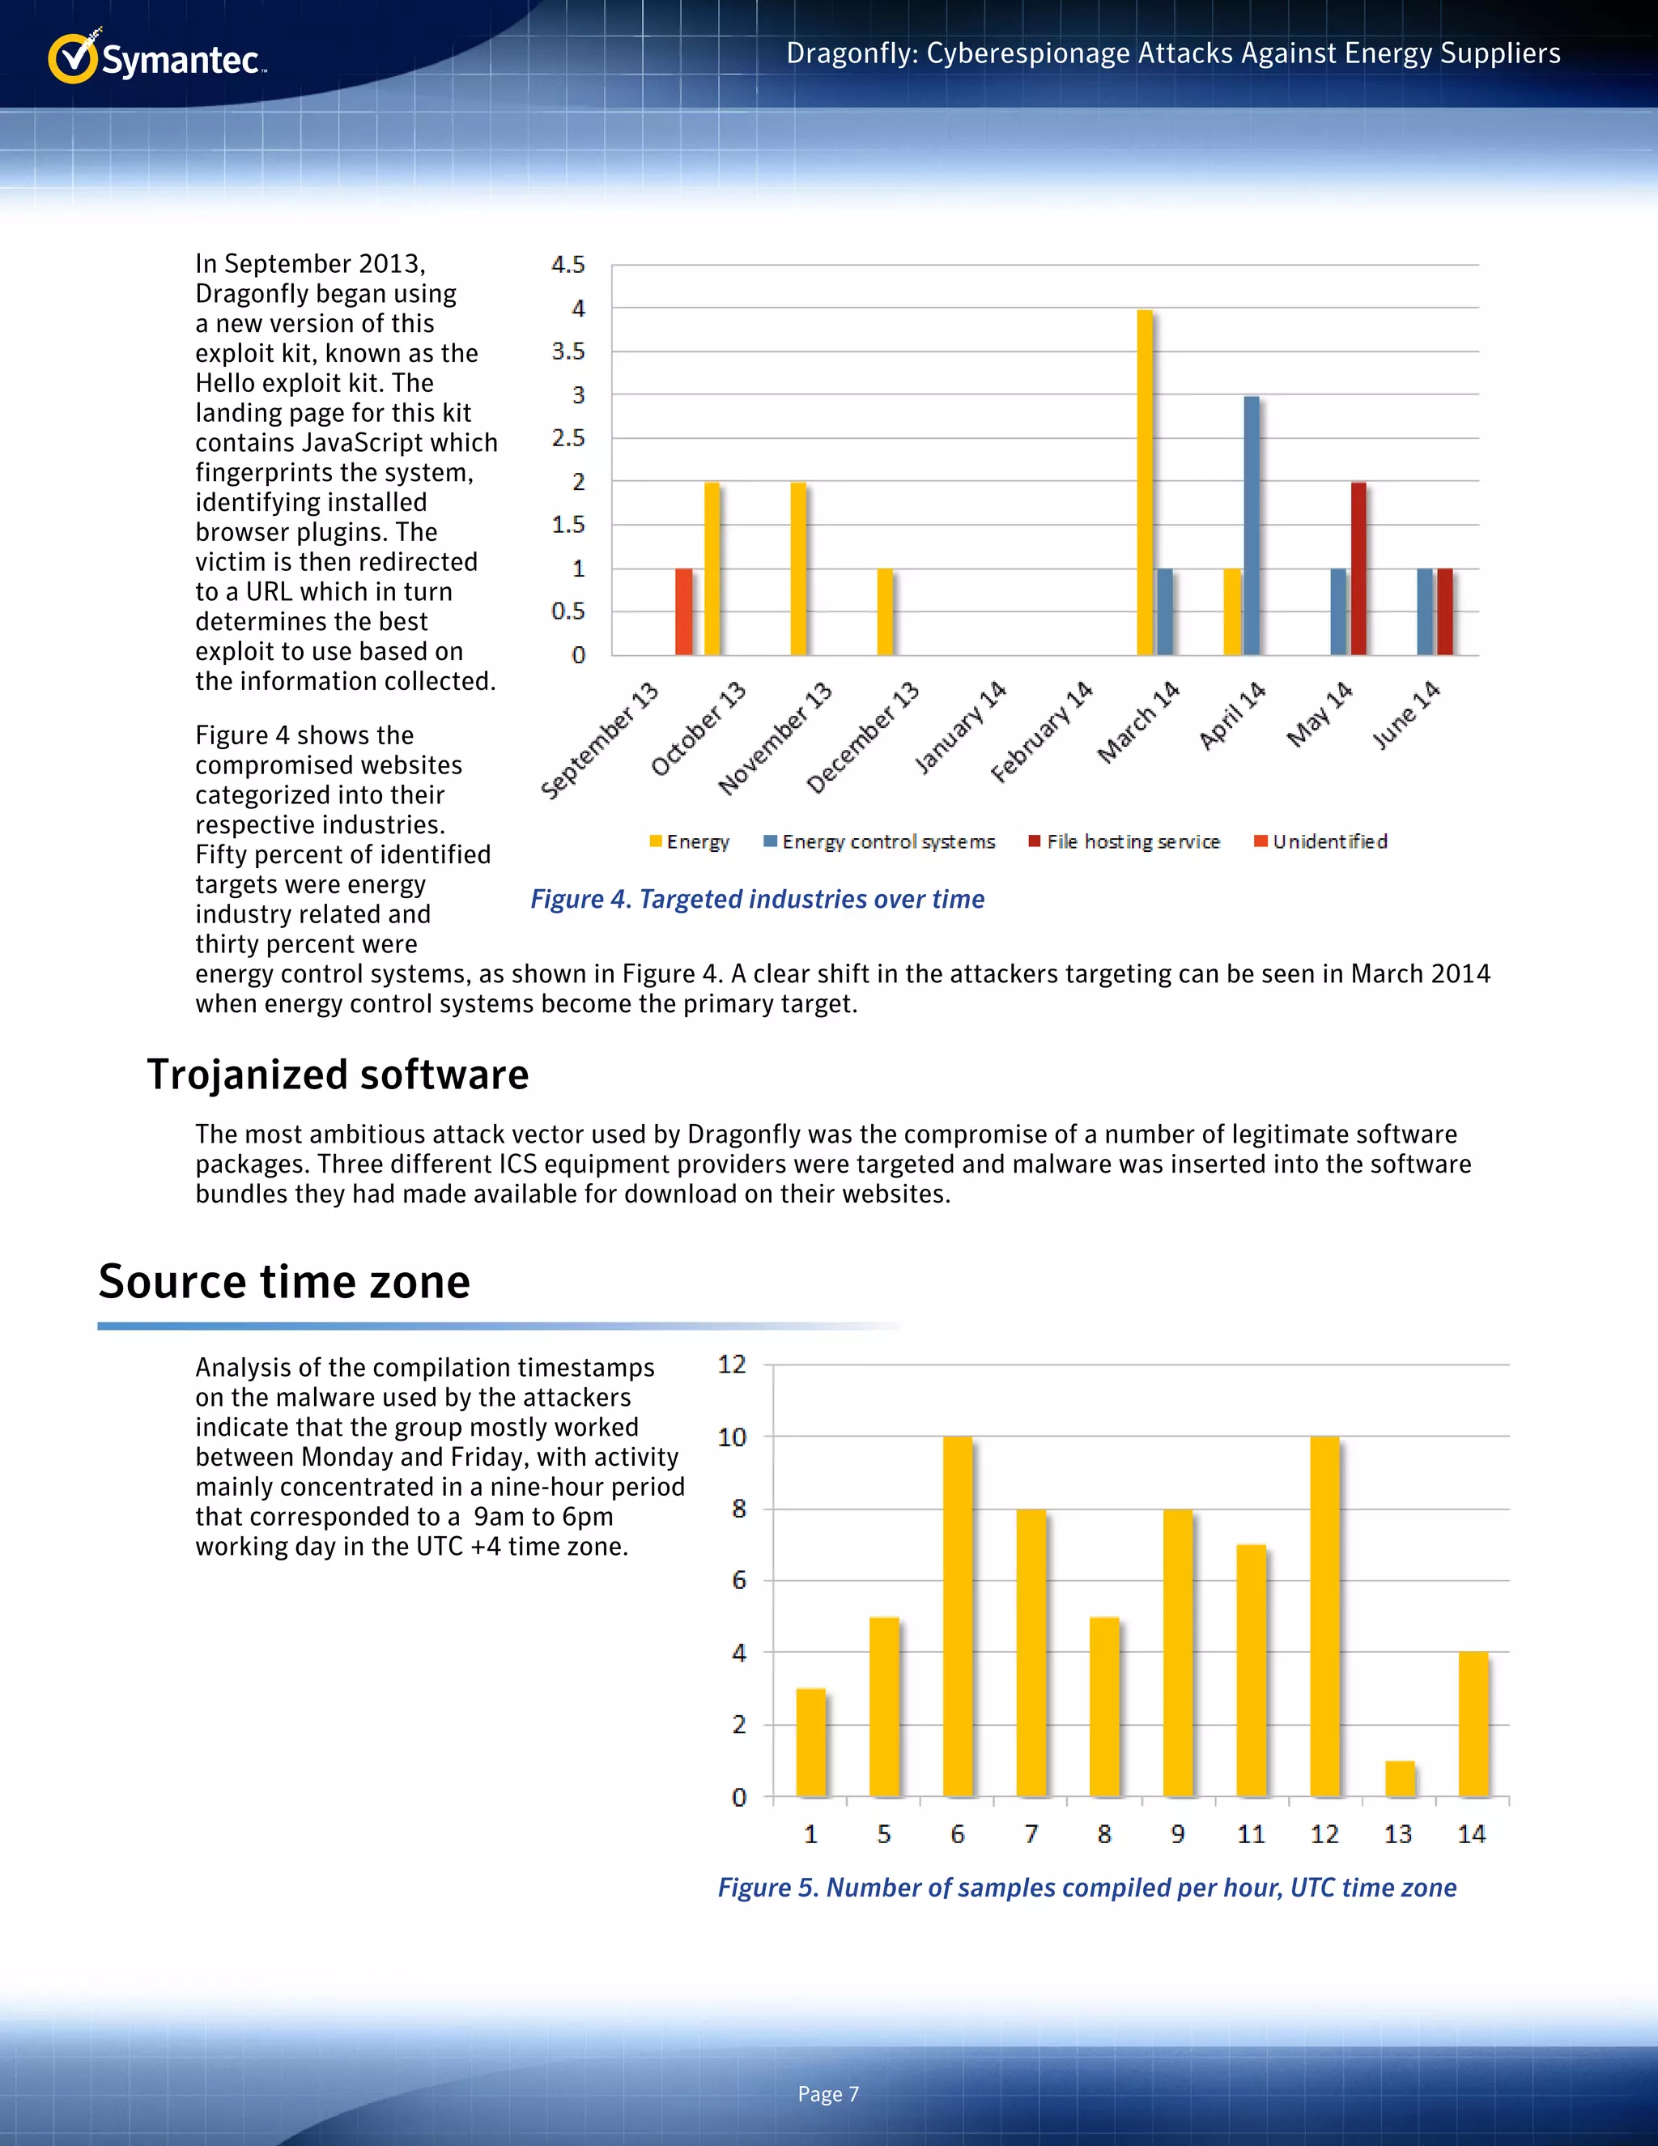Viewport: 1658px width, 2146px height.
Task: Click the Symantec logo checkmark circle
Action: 73,59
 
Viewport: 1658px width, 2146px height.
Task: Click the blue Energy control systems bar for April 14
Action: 1252,525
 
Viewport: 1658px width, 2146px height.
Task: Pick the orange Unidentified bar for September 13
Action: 683,611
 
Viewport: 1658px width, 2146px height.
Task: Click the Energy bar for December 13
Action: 885,611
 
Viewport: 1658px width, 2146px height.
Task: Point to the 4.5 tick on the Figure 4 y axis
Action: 568,264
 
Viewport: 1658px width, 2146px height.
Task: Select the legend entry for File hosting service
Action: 1124,841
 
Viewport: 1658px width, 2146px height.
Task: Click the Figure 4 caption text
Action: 757,899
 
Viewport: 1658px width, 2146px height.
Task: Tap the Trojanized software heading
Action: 338,1074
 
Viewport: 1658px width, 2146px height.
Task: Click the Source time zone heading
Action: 285,1281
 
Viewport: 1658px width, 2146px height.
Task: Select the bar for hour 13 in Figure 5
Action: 1400,1778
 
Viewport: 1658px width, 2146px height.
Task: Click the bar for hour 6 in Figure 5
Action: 958,1616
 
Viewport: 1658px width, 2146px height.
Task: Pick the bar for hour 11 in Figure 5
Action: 1252,1671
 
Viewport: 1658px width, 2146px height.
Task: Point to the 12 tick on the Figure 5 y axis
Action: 732,1364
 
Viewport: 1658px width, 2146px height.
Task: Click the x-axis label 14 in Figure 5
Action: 1471,1833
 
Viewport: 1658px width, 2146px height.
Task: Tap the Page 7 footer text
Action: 828,2094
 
